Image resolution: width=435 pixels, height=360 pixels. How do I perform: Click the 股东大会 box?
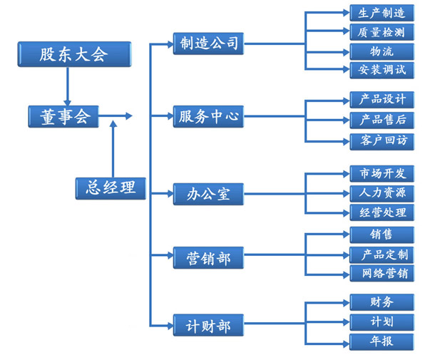click(x=74, y=54)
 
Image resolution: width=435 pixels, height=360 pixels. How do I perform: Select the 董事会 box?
click(x=63, y=115)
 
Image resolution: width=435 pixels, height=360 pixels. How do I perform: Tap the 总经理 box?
click(x=111, y=187)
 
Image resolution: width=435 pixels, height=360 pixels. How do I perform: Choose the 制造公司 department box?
click(x=209, y=44)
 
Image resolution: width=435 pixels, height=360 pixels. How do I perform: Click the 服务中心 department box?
click(x=209, y=116)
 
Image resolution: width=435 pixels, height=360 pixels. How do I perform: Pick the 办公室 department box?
click(x=209, y=194)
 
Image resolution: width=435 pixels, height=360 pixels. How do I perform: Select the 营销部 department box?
click(x=209, y=258)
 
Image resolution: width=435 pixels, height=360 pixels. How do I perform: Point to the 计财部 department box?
click(x=209, y=326)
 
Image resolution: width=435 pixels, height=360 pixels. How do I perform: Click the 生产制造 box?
click(x=382, y=13)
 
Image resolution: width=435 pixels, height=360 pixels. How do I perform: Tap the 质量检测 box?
click(x=382, y=32)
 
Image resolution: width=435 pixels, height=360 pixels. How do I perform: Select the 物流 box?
click(x=382, y=51)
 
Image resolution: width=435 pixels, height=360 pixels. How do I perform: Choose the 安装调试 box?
click(x=382, y=70)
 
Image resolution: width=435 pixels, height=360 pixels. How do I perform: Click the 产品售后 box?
click(x=382, y=120)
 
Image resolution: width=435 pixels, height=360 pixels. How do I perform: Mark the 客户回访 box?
click(x=382, y=140)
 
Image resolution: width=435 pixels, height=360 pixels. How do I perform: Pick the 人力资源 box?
click(x=382, y=193)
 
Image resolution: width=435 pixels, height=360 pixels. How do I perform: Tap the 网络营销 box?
click(x=382, y=273)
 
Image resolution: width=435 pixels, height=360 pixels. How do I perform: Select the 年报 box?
click(x=382, y=341)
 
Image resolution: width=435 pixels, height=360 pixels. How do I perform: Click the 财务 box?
click(x=382, y=302)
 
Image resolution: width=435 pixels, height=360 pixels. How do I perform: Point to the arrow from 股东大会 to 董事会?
click(x=66, y=86)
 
